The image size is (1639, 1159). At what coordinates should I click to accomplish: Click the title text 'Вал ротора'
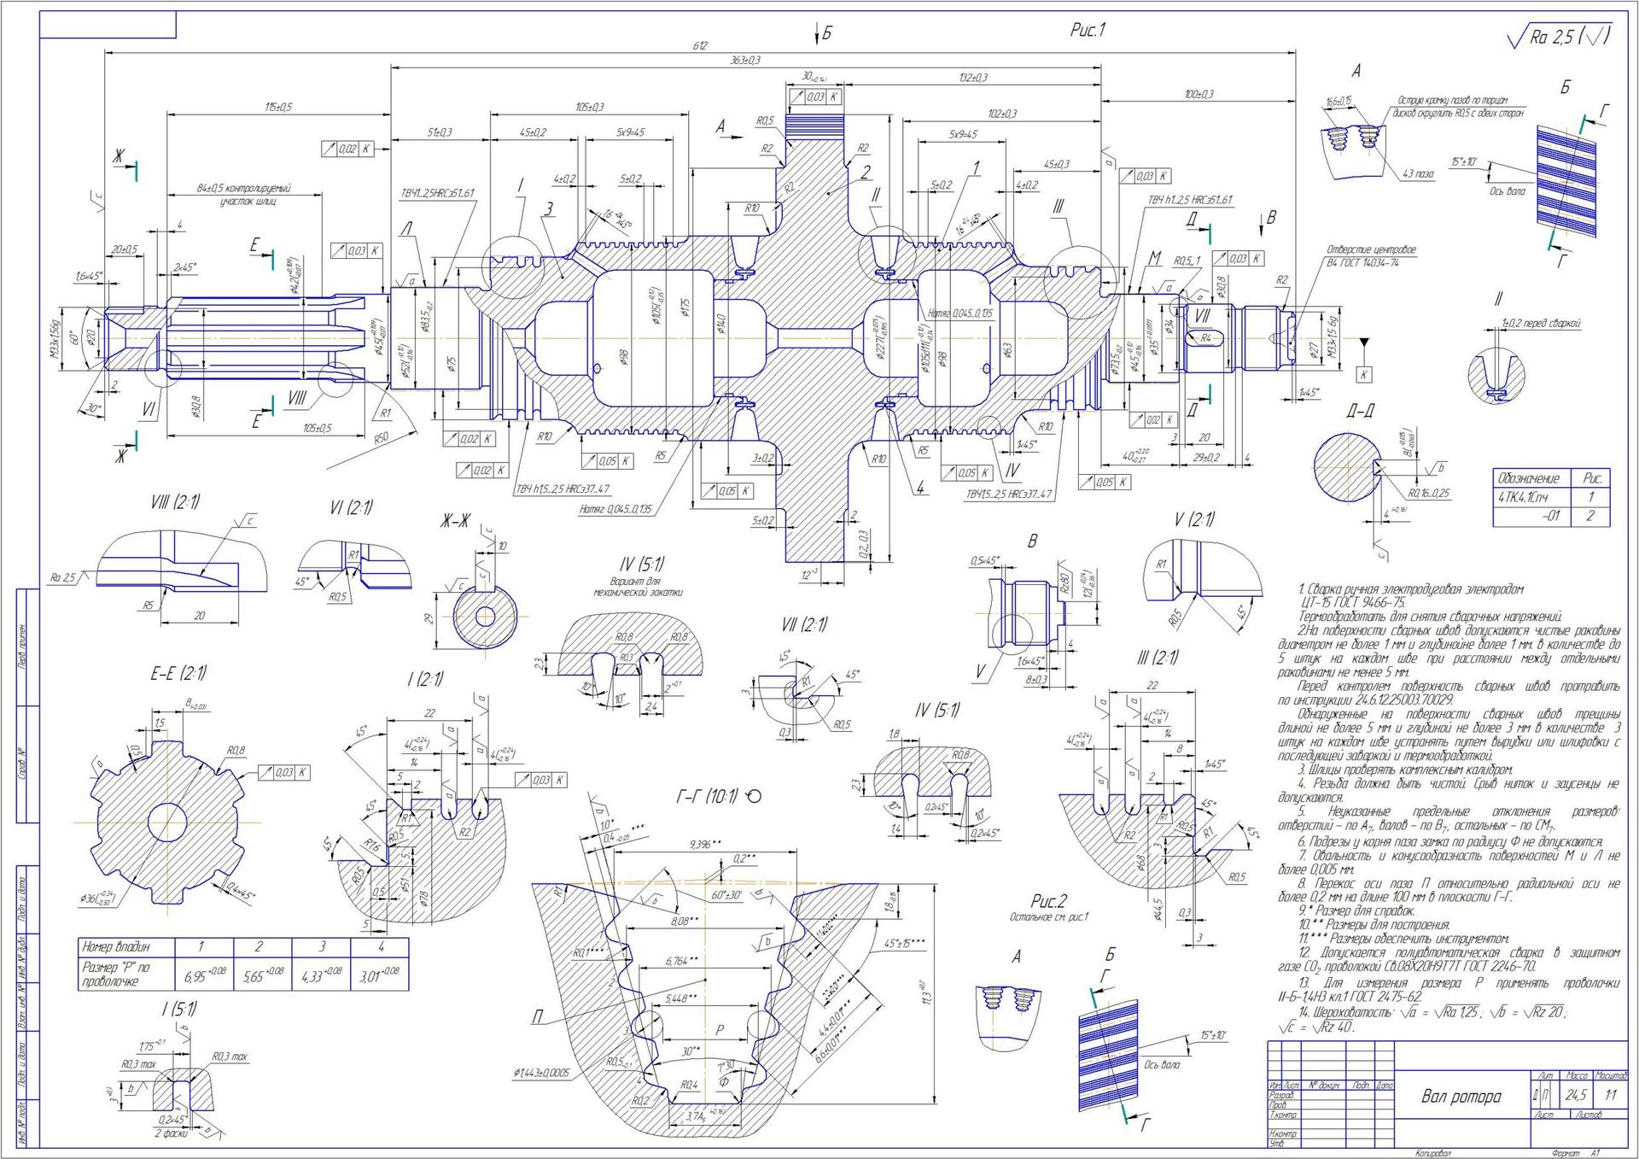pyautogui.click(x=1461, y=1097)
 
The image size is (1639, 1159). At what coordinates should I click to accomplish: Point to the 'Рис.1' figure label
pyautogui.click(x=1088, y=31)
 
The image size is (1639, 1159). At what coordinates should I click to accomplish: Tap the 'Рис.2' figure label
pyautogui.click(x=1048, y=902)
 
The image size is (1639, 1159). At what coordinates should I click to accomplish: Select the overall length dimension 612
pyautogui.click(x=699, y=45)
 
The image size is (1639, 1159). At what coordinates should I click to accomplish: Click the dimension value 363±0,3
pyautogui.click(x=745, y=61)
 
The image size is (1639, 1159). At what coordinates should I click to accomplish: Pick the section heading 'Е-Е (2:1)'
pyautogui.click(x=178, y=674)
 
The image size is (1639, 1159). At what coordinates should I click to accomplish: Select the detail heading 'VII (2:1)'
pyautogui.click(x=804, y=626)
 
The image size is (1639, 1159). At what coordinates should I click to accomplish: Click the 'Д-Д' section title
pyautogui.click(x=1360, y=412)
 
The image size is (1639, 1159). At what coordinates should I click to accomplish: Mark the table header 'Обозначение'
pyautogui.click(x=1528, y=478)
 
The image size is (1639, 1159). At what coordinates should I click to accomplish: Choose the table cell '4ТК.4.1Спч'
pyautogui.click(x=1523, y=497)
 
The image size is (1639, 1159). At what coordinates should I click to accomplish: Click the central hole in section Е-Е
pyautogui.click(x=167, y=822)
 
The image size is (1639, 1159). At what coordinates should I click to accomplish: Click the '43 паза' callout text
pyautogui.click(x=1417, y=174)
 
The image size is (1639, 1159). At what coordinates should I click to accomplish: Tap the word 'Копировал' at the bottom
pyautogui.click(x=1432, y=1152)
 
